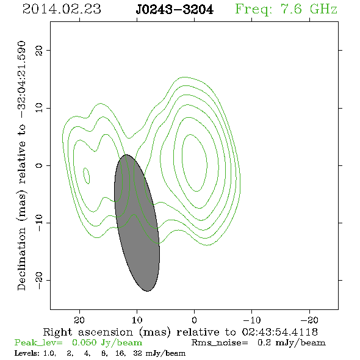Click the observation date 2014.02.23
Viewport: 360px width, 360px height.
(x=62, y=9)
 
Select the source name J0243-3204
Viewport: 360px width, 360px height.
(x=175, y=10)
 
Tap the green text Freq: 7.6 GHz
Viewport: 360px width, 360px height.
(x=286, y=10)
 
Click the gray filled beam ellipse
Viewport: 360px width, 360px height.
(x=137, y=223)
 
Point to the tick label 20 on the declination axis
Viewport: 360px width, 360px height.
(x=39, y=50)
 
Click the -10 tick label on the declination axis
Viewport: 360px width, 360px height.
(x=39, y=223)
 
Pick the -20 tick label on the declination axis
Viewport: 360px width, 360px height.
(x=39, y=280)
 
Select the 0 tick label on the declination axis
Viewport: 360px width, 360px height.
(x=39, y=165)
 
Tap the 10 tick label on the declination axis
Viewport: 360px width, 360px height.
(x=39, y=108)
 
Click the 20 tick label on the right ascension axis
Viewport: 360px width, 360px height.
(x=79, y=320)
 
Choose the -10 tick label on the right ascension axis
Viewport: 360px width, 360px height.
(x=252, y=320)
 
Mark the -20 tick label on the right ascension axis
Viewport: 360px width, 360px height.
(x=309, y=320)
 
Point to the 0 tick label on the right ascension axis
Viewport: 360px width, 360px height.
(x=194, y=320)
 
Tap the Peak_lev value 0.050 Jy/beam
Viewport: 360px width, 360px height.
(x=107, y=342)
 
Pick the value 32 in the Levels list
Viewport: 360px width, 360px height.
(x=137, y=353)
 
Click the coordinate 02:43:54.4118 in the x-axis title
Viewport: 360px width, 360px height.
(x=280, y=332)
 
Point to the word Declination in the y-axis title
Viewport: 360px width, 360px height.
(x=21, y=259)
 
